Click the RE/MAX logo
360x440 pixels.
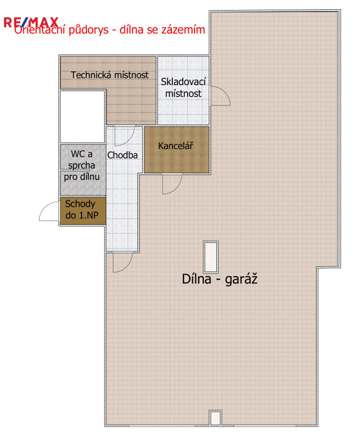pyautogui.click(x=31, y=23)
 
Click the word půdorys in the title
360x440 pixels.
pyautogui.click(x=89, y=30)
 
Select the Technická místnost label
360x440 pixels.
pyautogui.click(x=109, y=75)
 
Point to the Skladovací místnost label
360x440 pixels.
pyautogui.click(x=183, y=88)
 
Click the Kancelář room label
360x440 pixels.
pyautogui.click(x=176, y=146)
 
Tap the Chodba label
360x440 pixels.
pyautogui.click(x=122, y=155)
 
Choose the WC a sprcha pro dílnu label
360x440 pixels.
pyautogui.click(x=82, y=165)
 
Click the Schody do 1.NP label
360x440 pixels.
pyautogui.click(x=82, y=209)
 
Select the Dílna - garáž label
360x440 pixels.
pyautogui.click(x=219, y=279)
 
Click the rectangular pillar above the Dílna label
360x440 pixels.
pyautogui.click(x=211, y=257)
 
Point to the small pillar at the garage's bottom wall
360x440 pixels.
pyautogui.click(x=216, y=418)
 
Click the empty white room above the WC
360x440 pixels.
pyautogui.click(x=83, y=117)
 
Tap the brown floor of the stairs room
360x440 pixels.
pyautogui.click(x=83, y=211)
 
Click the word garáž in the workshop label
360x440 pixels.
pyautogui.click(x=241, y=279)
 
